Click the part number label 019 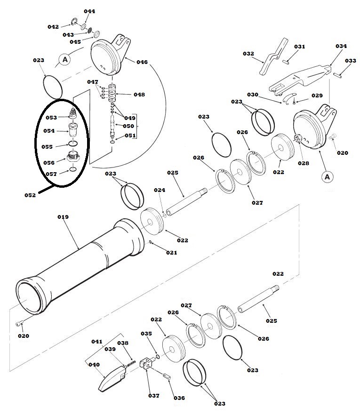63,217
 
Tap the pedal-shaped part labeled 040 112,379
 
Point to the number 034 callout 341,46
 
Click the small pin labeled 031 288,61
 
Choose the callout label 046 142,62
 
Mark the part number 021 171,253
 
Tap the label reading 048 139,94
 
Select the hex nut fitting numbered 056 72,158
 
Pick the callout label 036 179,398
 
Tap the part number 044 89,11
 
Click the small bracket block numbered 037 148,363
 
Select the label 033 351,61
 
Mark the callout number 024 160,190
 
